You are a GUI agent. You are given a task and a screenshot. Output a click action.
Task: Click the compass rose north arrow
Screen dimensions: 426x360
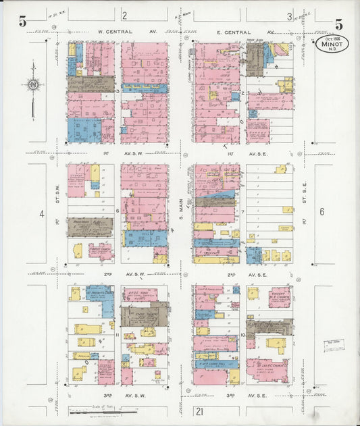(x=33, y=85)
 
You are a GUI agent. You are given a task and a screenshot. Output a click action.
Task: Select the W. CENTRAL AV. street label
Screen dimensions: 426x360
(x=124, y=32)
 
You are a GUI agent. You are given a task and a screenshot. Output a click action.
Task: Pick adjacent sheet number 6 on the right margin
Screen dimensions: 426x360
(x=322, y=211)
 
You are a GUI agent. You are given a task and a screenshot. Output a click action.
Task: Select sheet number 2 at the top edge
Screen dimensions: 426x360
(x=124, y=15)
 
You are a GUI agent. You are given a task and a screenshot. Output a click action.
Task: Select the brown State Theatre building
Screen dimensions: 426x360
(x=145, y=315)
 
